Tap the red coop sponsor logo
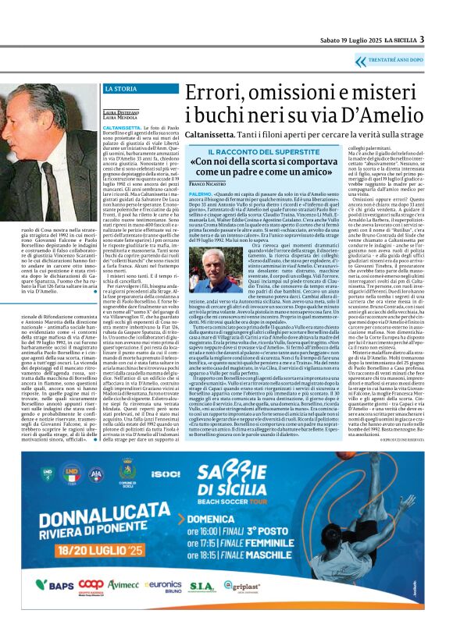pyautogui.click(x=91, y=605)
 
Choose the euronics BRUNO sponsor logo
pyautogui.click(x=162, y=606)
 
